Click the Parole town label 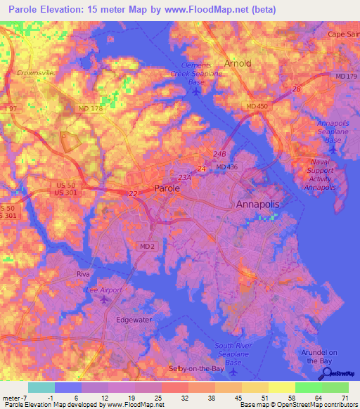click(x=167, y=188)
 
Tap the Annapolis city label click(x=257, y=204)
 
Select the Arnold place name click(x=237, y=63)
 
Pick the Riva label click(x=84, y=274)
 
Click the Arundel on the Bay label click(x=324, y=356)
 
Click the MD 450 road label click(x=257, y=106)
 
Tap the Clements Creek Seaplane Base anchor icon click(x=196, y=91)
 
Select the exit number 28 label click(x=296, y=89)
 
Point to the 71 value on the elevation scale click(x=345, y=397)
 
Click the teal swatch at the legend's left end click(x=41, y=387)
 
